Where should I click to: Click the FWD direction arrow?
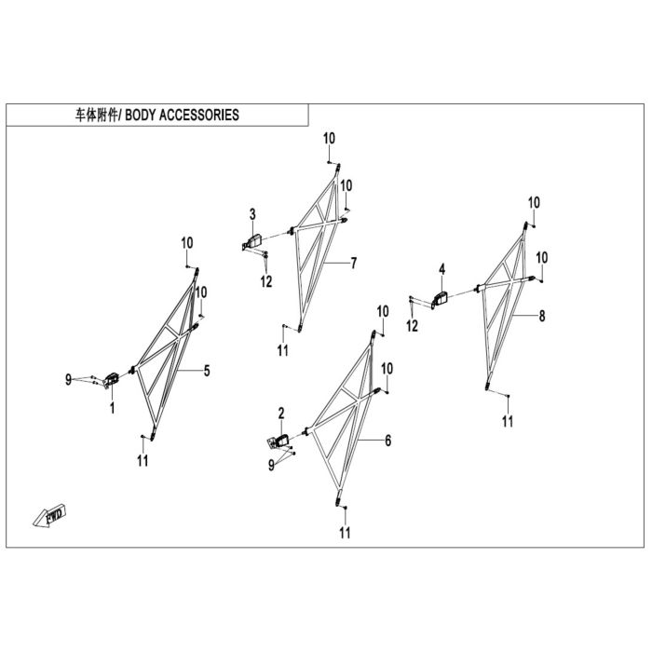pos(49,516)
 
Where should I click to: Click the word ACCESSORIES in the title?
pos(199,115)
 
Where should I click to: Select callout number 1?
pos(113,408)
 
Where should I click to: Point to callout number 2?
pos(281,414)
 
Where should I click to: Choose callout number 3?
pos(252,214)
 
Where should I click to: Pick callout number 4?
pos(442,269)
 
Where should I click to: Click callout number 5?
pos(207,371)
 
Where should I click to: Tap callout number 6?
pos(388,441)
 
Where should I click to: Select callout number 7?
pos(353,263)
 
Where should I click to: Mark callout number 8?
pos(542,316)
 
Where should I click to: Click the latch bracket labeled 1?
pos(112,380)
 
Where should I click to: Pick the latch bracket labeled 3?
pos(252,242)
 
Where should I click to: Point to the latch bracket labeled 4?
pos(439,299)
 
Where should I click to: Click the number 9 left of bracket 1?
pos(69,379)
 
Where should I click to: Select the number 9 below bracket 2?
pos(272,465)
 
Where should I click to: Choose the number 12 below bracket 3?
pos(266,281)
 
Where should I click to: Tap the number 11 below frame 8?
pos(508,421)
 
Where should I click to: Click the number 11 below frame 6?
pos(345,533)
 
